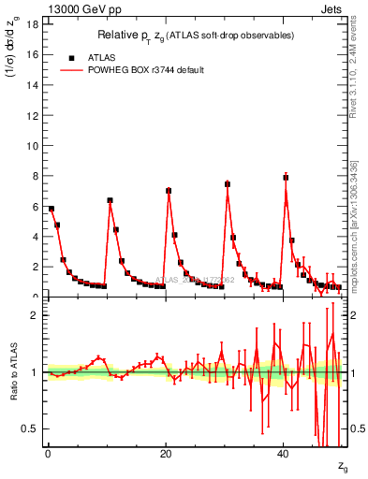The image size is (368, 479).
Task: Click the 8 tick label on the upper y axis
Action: (x=35, y=175)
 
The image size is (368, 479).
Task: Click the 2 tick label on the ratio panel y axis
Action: (x=35, y=315)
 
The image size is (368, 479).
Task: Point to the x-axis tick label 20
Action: (x=165, y=454)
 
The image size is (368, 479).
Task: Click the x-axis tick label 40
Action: (x=283, y=454)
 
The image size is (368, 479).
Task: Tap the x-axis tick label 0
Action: (x=47, y=454)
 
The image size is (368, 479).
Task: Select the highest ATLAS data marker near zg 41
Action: (x=286, y=177)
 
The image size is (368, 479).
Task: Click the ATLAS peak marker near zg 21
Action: (x=169, y=191)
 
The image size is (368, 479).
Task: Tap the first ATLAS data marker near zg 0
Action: (x=52, y=209)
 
